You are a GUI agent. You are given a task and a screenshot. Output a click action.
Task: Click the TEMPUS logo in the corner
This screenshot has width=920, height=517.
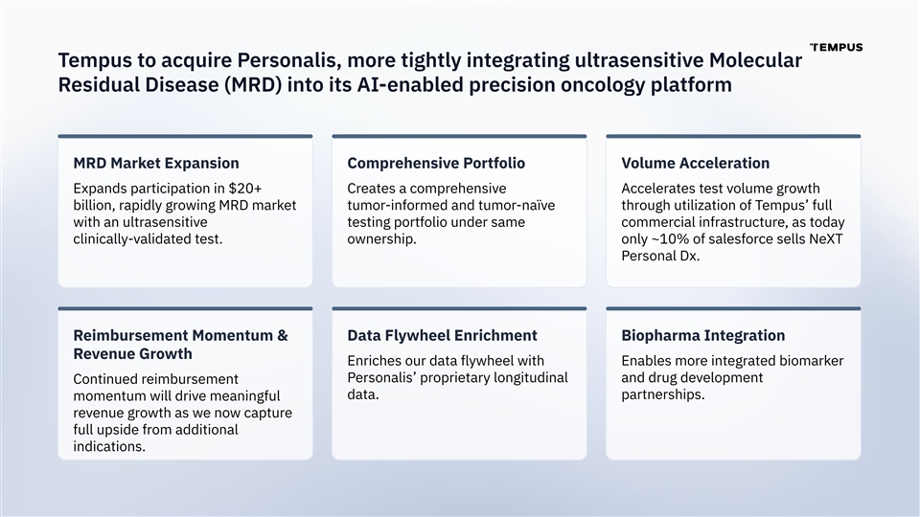point(836,48)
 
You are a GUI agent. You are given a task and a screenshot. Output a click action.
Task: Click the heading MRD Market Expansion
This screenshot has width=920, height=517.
point(156,163)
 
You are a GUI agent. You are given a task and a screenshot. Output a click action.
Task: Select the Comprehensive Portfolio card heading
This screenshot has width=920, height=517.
point(436,163)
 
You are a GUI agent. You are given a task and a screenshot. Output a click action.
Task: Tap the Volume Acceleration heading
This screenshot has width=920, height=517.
point(696,163)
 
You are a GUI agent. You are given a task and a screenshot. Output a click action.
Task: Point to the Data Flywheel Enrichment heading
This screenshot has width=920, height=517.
point(442,335)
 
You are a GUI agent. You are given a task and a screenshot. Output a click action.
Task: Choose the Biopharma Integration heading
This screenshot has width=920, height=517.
point(702,335)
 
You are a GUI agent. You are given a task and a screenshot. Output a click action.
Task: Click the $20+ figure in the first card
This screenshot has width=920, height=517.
point(245,189)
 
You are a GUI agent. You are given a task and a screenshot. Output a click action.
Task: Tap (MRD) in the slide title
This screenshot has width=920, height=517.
point(252,85)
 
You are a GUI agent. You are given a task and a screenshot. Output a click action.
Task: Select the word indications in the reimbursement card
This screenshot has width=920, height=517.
point(109,447)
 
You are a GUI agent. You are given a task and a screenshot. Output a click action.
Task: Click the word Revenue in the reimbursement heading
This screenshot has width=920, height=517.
point(101,354)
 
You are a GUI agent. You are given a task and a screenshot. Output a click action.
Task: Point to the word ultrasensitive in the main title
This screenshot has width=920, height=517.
point(639,60)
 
